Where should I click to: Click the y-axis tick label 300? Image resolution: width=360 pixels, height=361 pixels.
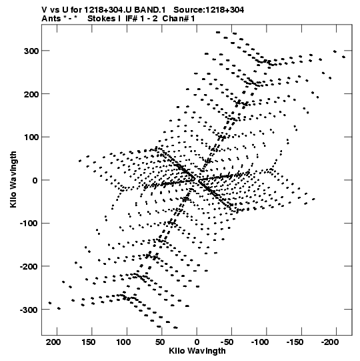click(31, 51)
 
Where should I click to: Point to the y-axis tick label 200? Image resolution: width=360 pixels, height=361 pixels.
click(31, 94)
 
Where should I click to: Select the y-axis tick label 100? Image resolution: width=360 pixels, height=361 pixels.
click(31, 137)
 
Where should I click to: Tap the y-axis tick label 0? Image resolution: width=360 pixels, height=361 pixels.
click(35, 180)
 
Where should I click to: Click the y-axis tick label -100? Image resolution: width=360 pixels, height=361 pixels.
click(29, 224)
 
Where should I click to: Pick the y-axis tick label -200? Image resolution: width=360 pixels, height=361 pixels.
click(29, 267)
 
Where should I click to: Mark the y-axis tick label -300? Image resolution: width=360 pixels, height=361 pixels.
click(29, 310)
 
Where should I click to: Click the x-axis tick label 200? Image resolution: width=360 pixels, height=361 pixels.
click(54, 342)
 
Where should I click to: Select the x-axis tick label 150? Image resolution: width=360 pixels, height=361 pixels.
click(89, 342)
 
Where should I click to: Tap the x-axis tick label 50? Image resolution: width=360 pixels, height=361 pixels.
click(160, 342)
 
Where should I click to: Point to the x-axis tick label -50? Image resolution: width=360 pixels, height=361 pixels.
click(228, 342)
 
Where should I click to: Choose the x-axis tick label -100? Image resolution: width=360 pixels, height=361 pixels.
click(260, 342)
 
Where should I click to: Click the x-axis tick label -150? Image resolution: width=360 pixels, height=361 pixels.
click(295, 342)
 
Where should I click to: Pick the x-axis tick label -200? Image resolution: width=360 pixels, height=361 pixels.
click(330, 342)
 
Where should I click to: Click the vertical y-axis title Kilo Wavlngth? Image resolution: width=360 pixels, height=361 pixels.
click(13, 179)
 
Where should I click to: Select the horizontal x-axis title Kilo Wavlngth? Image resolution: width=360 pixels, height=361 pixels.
click(197, 351)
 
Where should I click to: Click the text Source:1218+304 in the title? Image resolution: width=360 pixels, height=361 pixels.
click(209, 10)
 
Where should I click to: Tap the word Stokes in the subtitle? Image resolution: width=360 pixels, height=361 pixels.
click(101, 19)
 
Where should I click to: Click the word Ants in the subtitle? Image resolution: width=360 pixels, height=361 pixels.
click(51, 19)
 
